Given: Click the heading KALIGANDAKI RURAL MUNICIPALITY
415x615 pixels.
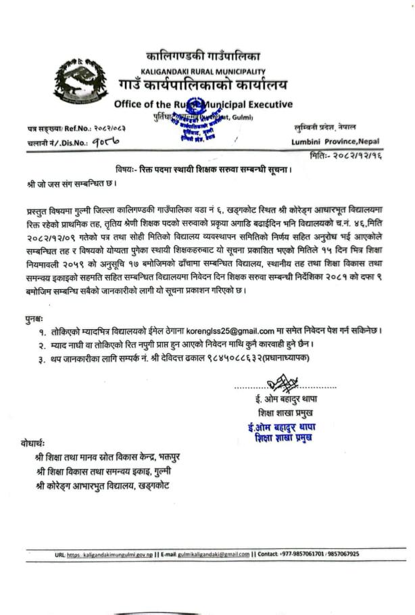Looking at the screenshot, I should click(203, 72).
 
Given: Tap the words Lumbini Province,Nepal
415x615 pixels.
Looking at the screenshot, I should click(335, 141).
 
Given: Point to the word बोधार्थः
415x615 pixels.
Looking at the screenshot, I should click(32, 444).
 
